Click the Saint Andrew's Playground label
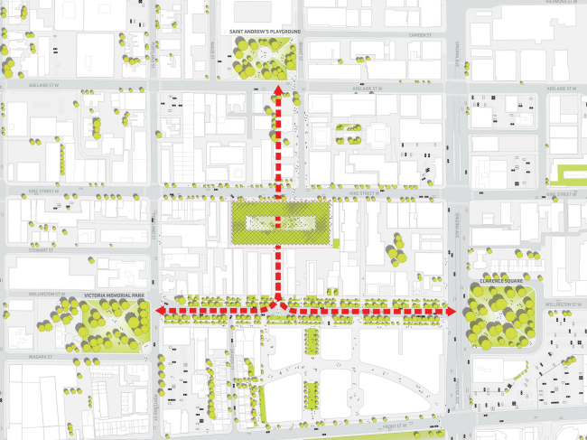(265, 32)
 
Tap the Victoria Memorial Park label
(114, 295)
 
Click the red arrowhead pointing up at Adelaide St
(278, 93)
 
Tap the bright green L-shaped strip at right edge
(571, 173)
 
